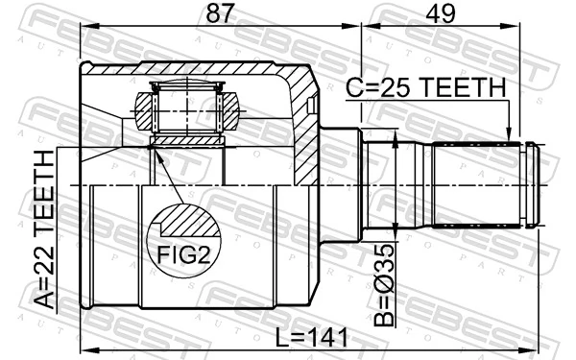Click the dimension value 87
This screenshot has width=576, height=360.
tap(220, 13)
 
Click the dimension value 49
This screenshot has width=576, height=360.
tap(441, 13)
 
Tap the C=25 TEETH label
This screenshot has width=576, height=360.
tap(426, 87)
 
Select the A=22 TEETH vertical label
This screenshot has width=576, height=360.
tap(44, 229)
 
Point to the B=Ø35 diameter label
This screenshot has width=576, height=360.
tap(383, 285)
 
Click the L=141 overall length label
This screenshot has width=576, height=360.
tap(311, 338)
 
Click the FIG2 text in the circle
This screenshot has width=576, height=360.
tap(183, 254)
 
